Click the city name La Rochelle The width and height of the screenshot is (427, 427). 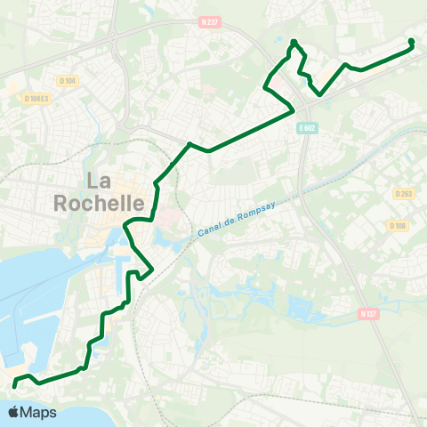(99, 192)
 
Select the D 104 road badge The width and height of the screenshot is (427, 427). (68, 80)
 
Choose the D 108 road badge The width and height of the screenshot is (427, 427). (397, 225)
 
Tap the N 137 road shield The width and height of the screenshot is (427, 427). (369, 313)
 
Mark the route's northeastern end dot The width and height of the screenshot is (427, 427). (411, 41)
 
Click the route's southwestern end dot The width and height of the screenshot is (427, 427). (14, 385)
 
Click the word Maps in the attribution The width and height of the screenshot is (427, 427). (39, 412)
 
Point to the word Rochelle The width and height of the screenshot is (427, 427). (99, 203)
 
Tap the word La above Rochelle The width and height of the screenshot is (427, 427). (99, 181)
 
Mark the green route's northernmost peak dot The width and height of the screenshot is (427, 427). (294, 42)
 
